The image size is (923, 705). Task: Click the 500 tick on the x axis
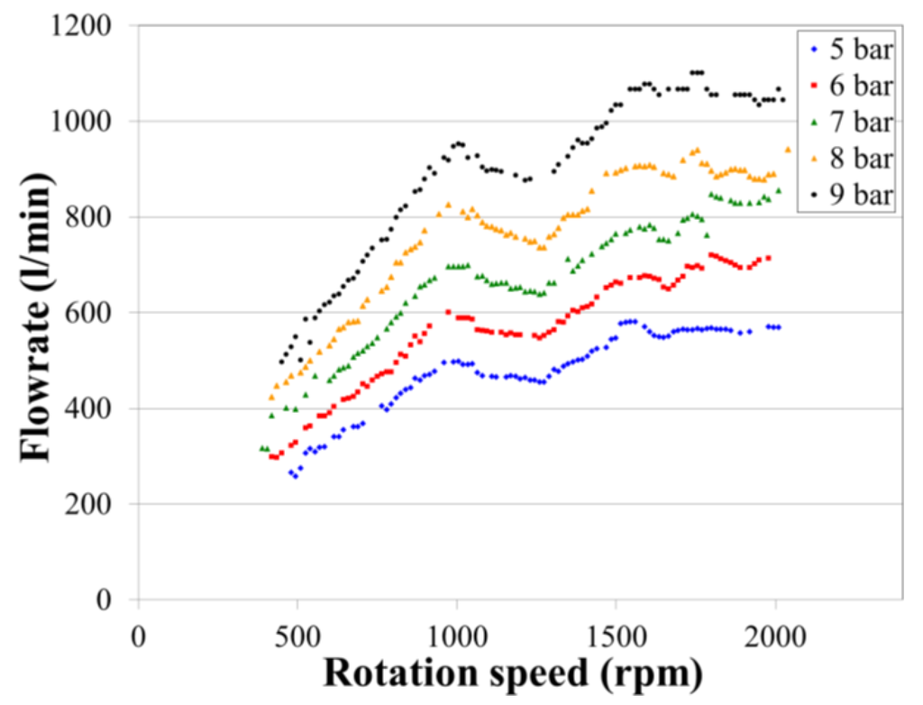pyautogui.click(x=297, y=635)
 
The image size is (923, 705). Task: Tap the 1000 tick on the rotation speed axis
pyautogui.click(x=456, y=635)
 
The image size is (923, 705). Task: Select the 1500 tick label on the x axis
pyautogui.click(x=616, y=635)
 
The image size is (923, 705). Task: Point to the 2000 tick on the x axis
pyautogui.click(x=775, y=635)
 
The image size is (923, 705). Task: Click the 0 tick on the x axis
pyautogui.click(x=138, y=635)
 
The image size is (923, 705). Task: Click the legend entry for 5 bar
pyautogui.click(x=852, y=50)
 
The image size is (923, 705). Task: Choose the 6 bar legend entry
pyautogui.click(x=852, y=87)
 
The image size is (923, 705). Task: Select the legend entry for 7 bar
pyautogui.click(x=852, y=123)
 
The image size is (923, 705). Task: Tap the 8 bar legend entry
pyautogui.click(x=852, y=159)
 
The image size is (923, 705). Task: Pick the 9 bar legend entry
pyautogui.click(x=852, y=195)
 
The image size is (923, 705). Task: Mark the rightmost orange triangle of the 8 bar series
pyautogui.click(x=788, y=150)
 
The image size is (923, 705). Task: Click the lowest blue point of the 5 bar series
pyautogui.click(x=295, y=476)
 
